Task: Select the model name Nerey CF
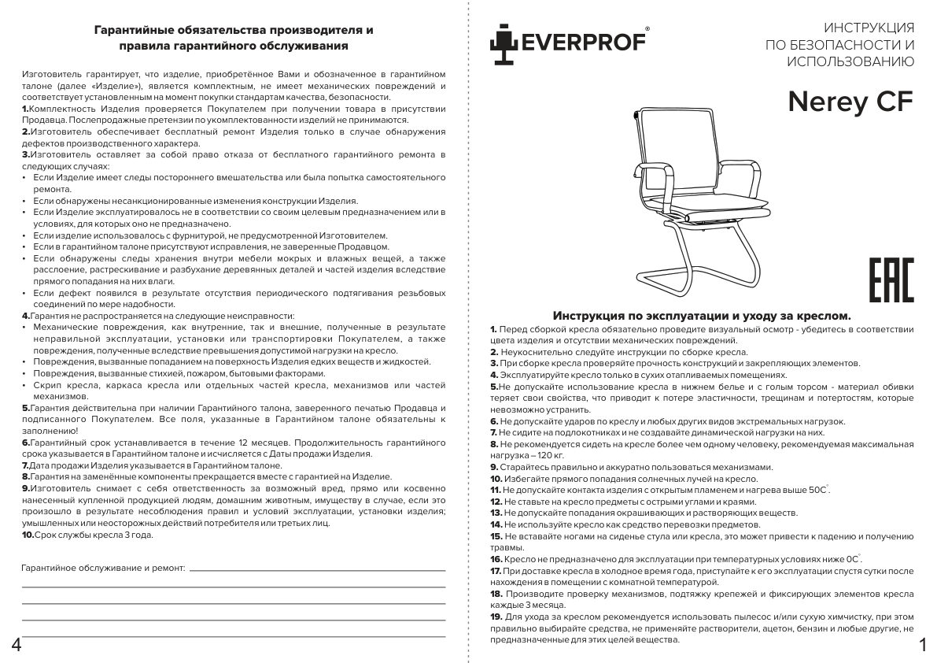pyautogui.click(x=850, y=102)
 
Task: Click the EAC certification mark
pyautogui.click(x=891, y=280)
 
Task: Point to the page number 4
pyautogui.click(x=16, y=646)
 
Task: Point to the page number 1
pyautogui.click(x=922, y=646)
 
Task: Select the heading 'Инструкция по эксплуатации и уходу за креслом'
pyautogui.click(x=702, y=314)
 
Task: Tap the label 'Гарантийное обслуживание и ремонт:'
pyautogui.click(x=103, y=567)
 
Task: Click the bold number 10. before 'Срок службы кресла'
pyautogui.click(x=28, y=535)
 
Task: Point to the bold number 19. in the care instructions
pyautogui.click(x=496, y=617)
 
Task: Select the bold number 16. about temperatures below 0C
pyautogui.click(x=496, y=558)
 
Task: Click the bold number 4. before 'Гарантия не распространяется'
pyautogui.click(x=26, y=315)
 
